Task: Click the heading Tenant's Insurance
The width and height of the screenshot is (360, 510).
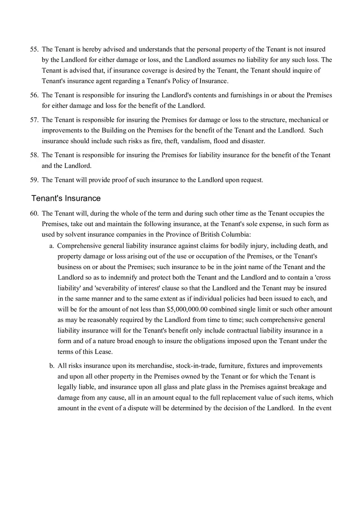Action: [x=66, y=198]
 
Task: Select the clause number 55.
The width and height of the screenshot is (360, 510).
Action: [x=34, y=49]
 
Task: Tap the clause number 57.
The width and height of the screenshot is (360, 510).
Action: [x=34, y=120]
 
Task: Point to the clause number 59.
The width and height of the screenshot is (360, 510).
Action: [x=34, y=180]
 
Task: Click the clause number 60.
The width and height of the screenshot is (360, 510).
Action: [x=34, y=213]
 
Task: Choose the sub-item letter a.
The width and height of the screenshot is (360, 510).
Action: [x=52, y=246]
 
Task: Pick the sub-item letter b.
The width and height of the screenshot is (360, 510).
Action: [x=52, y=366]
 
